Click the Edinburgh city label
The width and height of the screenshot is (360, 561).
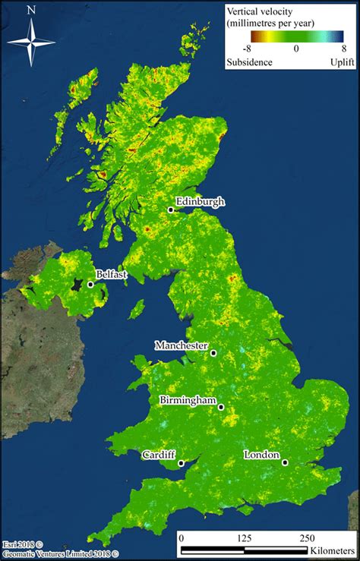pyautogui.click(x=201, y=201)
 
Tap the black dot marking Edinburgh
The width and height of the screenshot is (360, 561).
pyautogui.click(x=172, y=210)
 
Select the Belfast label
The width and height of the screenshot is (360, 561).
pyautogui.click(x=112, y=274)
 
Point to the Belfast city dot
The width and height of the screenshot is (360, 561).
pyautogui.click(x=90, y=285)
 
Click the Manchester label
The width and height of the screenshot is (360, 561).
pyautogui.click(x=182, y=345)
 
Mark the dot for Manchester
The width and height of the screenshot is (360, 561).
pyautogui.click(x=214, y=353)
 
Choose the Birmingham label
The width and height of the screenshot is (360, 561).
pyautogui.click(x=188, y=400)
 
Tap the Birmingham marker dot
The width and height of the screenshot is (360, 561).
pyautogui.click(x=221, y=408)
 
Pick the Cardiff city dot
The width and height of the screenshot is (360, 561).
pyautogui.click(x=182, y=463)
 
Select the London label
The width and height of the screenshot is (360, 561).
pyautogui.click(x=261, y=455)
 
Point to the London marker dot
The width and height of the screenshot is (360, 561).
pyautogui.click(x=285, y=462)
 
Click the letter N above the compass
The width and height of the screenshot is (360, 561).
pyautogui.click(x=31, y=10)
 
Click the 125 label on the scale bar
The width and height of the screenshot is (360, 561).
pyautogui.click(x=245, y=537)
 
